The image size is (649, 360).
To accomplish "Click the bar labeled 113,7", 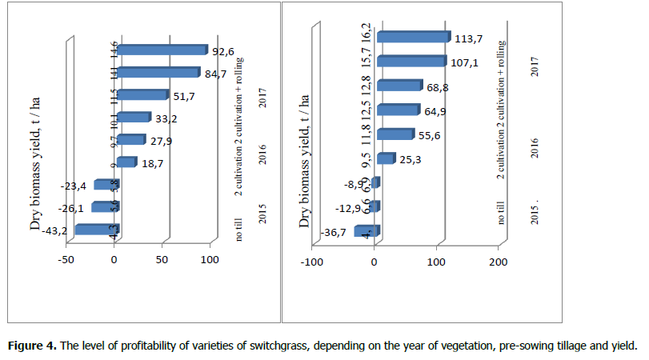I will point(413,37).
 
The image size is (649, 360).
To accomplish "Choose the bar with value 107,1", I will point(411,61).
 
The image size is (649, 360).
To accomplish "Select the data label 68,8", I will point(441,86).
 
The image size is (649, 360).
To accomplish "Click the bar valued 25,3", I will point(386,158).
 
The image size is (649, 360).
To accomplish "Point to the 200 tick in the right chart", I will point(498,262).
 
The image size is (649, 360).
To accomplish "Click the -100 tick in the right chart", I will point(311,262).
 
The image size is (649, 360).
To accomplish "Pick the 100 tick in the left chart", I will point(210,261).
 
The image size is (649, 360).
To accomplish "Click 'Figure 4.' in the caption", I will point(31,346).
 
